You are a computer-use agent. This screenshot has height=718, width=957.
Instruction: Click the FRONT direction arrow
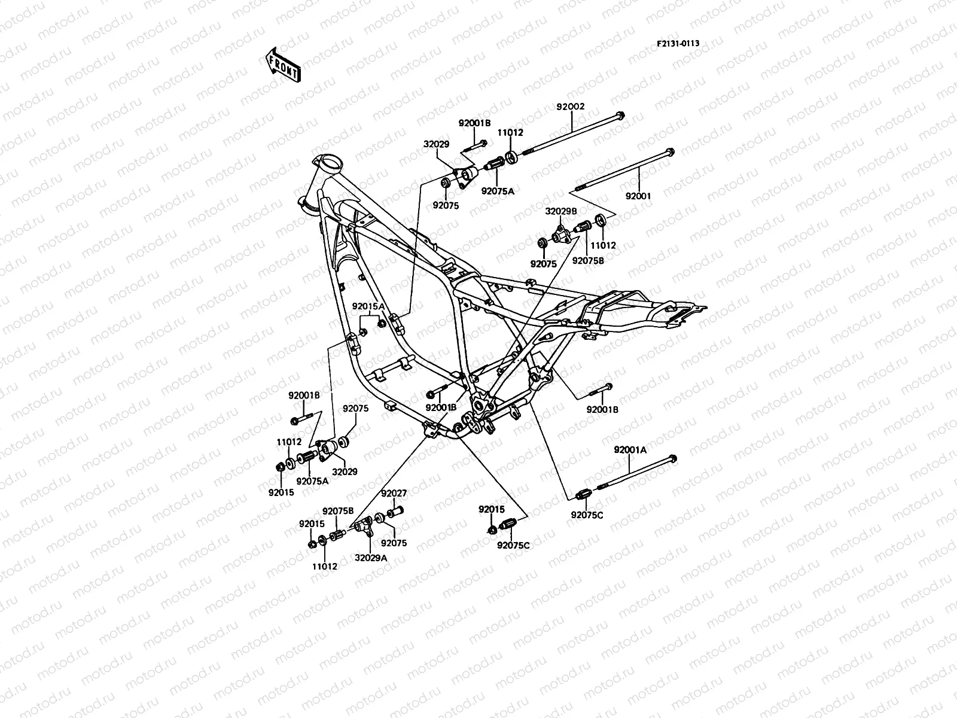[x=283, y=64]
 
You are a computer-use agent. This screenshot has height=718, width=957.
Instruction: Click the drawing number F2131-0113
[x=678, y=44]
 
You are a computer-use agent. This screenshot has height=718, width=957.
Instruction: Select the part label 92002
[x=570, y=107]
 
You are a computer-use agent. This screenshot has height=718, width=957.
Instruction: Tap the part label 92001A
[x=630, y=450]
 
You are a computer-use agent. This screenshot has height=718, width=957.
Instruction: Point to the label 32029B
[x=560, y=211]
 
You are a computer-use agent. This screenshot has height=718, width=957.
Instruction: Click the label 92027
[x=394, y=494]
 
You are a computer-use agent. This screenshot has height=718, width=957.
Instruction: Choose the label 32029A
[x=371, y=557]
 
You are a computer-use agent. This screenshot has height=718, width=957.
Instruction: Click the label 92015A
[x=368, y=306]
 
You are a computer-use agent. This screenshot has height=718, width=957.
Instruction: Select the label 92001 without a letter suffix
[x=638, y=196]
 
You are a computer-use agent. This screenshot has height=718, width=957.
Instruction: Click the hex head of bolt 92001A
[x=672, y=460]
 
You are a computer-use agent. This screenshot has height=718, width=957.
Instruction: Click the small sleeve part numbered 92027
[x=395, y=512]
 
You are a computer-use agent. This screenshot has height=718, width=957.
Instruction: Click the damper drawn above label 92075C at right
[x=583, y=494]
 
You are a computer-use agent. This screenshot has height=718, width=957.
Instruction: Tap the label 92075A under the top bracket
[x=497, y=191]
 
